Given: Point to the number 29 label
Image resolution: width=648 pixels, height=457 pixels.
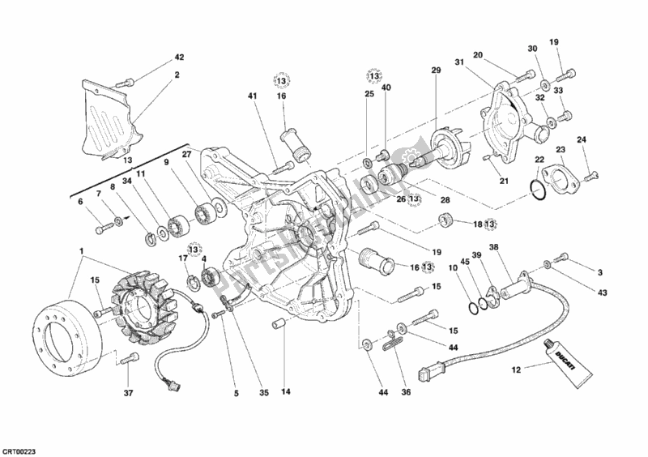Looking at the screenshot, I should [436, 71].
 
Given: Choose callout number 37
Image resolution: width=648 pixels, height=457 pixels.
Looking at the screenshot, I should [128, 395].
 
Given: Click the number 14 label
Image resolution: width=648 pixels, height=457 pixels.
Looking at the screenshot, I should [286, 395].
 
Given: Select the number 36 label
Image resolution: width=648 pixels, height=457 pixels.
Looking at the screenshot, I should [407, 395].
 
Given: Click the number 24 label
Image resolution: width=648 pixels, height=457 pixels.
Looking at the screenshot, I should [603, 140].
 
